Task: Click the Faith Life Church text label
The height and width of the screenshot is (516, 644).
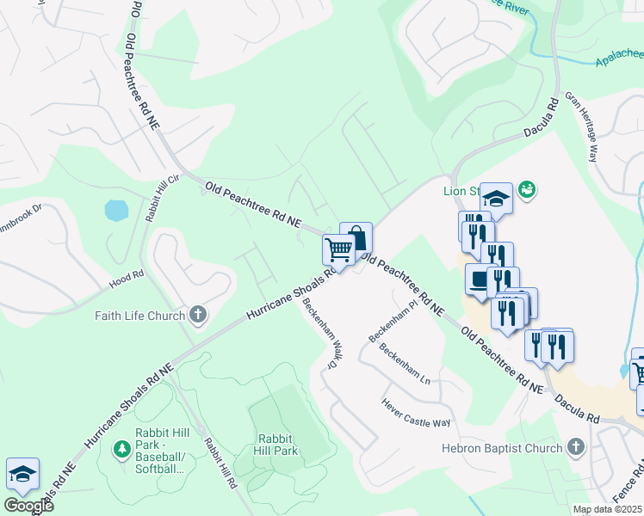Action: click(139, 316)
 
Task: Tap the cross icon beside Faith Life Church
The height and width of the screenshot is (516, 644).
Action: click(198, 315)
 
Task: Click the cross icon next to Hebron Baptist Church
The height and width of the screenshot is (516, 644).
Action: click(575, 447)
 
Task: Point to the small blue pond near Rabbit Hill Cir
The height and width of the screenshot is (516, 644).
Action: click(115, 210)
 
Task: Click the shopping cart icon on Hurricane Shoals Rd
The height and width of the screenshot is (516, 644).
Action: click(338, 250)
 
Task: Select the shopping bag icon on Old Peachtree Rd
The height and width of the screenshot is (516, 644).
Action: click(356, 237)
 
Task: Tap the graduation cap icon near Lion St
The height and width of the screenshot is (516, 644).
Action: click(496, 199)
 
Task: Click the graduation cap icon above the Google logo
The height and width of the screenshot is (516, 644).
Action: click(22, 473)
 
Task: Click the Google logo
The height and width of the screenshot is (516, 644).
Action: click(28, 506)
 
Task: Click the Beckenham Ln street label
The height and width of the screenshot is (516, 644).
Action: click(406, 364)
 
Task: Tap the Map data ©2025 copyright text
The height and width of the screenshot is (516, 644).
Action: click(607, 509)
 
